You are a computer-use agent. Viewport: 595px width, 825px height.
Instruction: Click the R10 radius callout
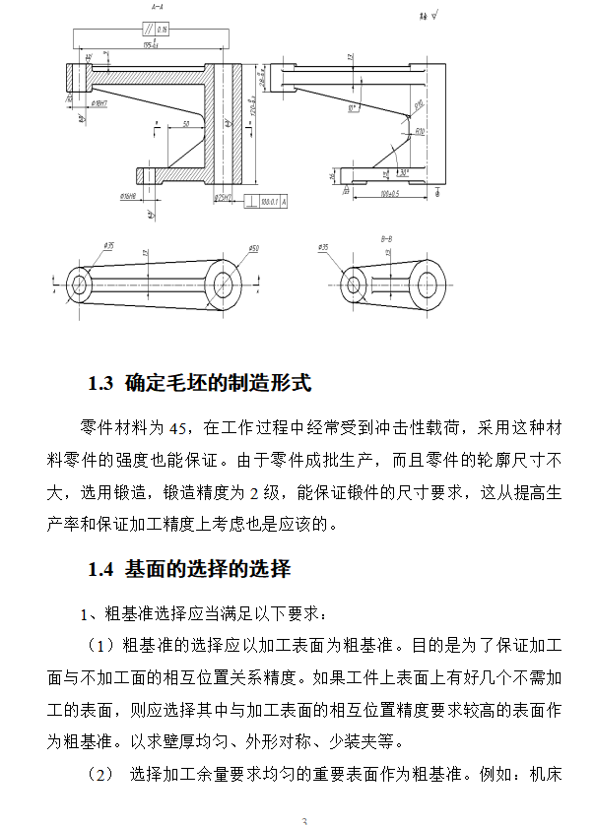(418, 129)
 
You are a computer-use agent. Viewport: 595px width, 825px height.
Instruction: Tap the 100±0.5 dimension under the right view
(392, 194)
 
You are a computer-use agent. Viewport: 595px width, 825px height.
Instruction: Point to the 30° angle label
(404, 171)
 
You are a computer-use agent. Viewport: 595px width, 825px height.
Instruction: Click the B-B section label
(387, 239)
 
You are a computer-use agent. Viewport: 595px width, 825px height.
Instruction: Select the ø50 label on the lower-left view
(252, 248)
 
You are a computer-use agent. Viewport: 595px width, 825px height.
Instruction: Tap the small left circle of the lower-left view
(80, 285)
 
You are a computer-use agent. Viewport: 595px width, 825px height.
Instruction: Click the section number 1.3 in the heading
(101, 383)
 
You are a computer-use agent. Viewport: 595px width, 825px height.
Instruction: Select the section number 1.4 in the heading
(101, 569)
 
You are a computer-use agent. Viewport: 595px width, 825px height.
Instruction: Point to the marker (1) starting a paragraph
(101, 646)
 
